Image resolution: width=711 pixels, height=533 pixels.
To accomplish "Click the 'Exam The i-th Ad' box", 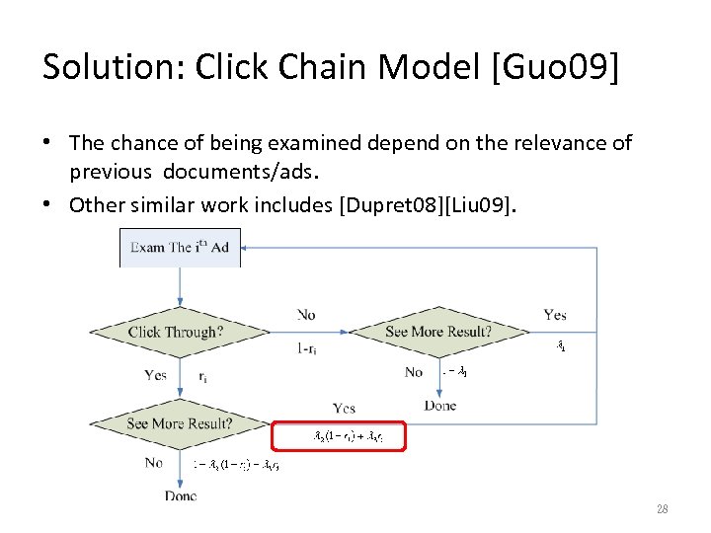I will point(180,247).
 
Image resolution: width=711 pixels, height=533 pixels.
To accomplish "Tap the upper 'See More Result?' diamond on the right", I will point(437,333).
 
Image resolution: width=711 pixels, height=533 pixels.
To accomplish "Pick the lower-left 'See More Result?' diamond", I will point(180,424).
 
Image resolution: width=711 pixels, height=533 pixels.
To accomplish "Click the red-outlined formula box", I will point(340,435).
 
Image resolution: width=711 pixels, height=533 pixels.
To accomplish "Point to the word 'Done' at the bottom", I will point(181,495).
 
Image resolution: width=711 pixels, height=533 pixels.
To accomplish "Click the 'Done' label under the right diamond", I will point(440,406).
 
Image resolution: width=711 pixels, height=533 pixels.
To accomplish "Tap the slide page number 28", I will point(663,508).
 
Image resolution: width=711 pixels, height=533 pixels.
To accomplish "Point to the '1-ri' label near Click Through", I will point(306,348).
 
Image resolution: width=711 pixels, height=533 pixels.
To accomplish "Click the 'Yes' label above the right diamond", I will point(555,315).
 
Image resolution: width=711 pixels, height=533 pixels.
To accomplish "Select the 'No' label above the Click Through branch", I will point(306,315).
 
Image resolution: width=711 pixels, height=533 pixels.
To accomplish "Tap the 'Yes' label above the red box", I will point(345,408).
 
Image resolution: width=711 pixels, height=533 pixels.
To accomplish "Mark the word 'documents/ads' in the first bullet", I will point(243,171).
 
